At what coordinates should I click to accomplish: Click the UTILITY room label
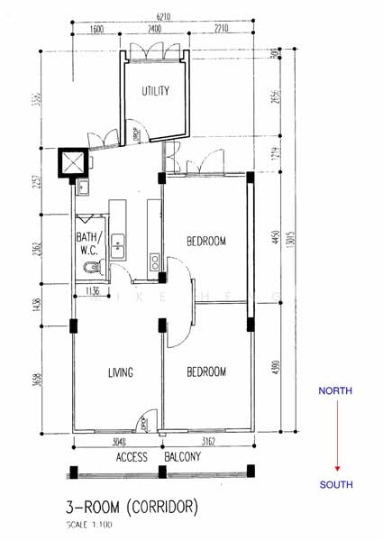tap(155, 91)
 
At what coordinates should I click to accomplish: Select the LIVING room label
tap(121, 372)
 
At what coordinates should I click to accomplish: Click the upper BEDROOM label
tap(206, 241)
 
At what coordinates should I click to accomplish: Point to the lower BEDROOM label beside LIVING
tap(206, 371)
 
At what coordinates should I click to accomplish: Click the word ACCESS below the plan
tap(132, 457)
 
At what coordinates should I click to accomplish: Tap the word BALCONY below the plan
tap(183, 457)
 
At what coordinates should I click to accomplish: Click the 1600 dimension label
tap(97, 30)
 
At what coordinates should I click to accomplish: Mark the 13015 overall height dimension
tap(287, 242)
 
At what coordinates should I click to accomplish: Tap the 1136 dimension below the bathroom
tap(92, 291)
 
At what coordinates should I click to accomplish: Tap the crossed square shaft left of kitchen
tap(71, 163)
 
